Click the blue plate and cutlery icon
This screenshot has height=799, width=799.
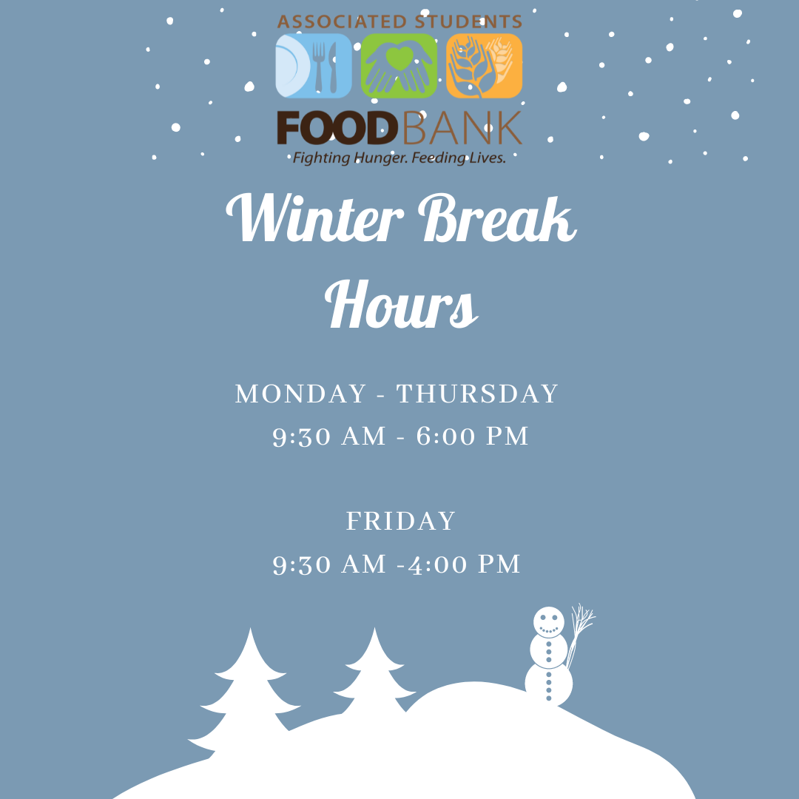(314, 66)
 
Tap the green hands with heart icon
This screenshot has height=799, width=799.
(399, 66)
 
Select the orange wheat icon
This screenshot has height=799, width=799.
(484, 66)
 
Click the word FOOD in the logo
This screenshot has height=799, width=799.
(337, 129)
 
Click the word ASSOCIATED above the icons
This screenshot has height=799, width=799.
(342, 22)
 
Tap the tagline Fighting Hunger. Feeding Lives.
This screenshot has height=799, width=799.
(399, 158)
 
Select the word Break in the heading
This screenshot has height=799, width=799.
(498, 218)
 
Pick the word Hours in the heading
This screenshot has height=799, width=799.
(402, 304)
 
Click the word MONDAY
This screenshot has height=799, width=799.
(300, 394)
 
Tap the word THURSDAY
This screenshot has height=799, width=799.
(477, 394)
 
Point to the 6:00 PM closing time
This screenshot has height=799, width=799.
(472, 436)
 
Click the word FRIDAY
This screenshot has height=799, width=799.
(401, 522)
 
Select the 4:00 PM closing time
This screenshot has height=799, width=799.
(464, 564)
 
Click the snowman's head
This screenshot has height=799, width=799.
(549, 621)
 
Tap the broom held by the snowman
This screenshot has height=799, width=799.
(580, 635)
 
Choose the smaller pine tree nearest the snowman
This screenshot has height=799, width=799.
(374, 672)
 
